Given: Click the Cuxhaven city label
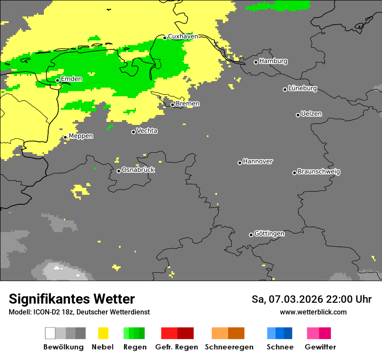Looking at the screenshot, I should point(183,36).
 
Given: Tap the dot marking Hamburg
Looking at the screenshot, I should point(256,62).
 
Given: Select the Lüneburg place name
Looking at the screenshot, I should point(303,88).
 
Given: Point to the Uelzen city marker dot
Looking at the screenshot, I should point(298,115).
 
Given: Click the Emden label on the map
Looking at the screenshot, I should point(71,79).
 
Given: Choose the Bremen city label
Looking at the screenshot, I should point(188,104).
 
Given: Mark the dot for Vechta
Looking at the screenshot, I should point(134,132).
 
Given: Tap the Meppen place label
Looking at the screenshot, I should point(81,136).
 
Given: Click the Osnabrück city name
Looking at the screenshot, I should point(138,170).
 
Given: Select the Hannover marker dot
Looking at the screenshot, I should point(240,163).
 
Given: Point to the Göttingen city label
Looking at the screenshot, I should point(269,234).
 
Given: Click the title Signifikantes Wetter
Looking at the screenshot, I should point(72,299).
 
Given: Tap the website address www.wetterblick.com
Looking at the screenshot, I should point(313,312).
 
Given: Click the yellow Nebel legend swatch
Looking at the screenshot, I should point(103,333).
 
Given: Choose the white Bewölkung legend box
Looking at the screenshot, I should point(50,333).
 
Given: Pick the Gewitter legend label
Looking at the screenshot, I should point(320,347).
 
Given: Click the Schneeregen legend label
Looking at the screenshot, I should point(229,347).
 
